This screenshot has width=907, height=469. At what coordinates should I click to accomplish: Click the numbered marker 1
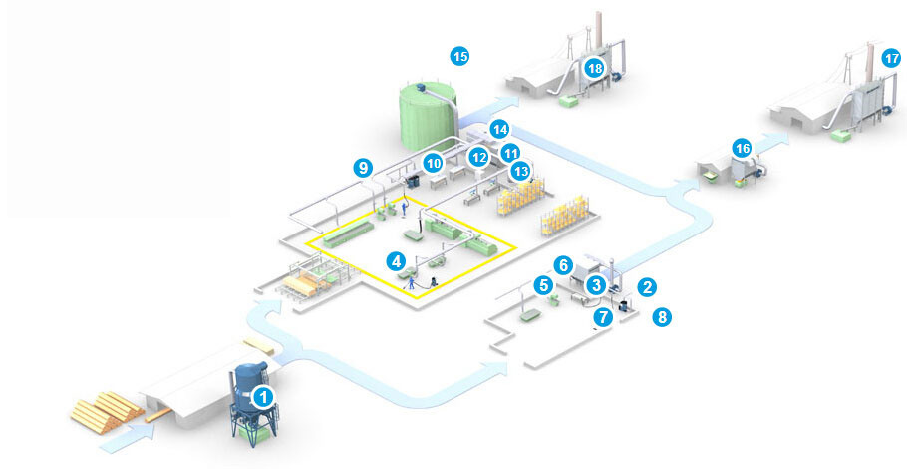[x=263, y=396]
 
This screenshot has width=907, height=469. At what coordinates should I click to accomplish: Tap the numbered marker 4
[x=397, y=261]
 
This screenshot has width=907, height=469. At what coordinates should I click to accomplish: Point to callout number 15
[x=459, y=56]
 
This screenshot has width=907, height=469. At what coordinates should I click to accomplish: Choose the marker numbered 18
[x=595, y=68]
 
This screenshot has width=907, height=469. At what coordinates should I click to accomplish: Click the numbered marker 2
[x=647, y=287]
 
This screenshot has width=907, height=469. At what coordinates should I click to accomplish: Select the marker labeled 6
[x=563, y=265]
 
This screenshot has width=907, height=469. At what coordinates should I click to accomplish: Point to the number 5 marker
[x=543, y=285]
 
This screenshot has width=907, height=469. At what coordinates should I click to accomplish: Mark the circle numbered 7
[x=601, y=317]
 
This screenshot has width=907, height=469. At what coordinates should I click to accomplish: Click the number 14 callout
[x=499, y=129]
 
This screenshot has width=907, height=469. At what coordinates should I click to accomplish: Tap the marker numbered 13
[x=520, y=171]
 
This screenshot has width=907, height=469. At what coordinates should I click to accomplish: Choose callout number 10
[x=434, y=162]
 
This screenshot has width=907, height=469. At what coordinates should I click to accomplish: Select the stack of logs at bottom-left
[x=104, y=406]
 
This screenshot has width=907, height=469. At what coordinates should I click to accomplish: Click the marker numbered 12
[x=479, y=157]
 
